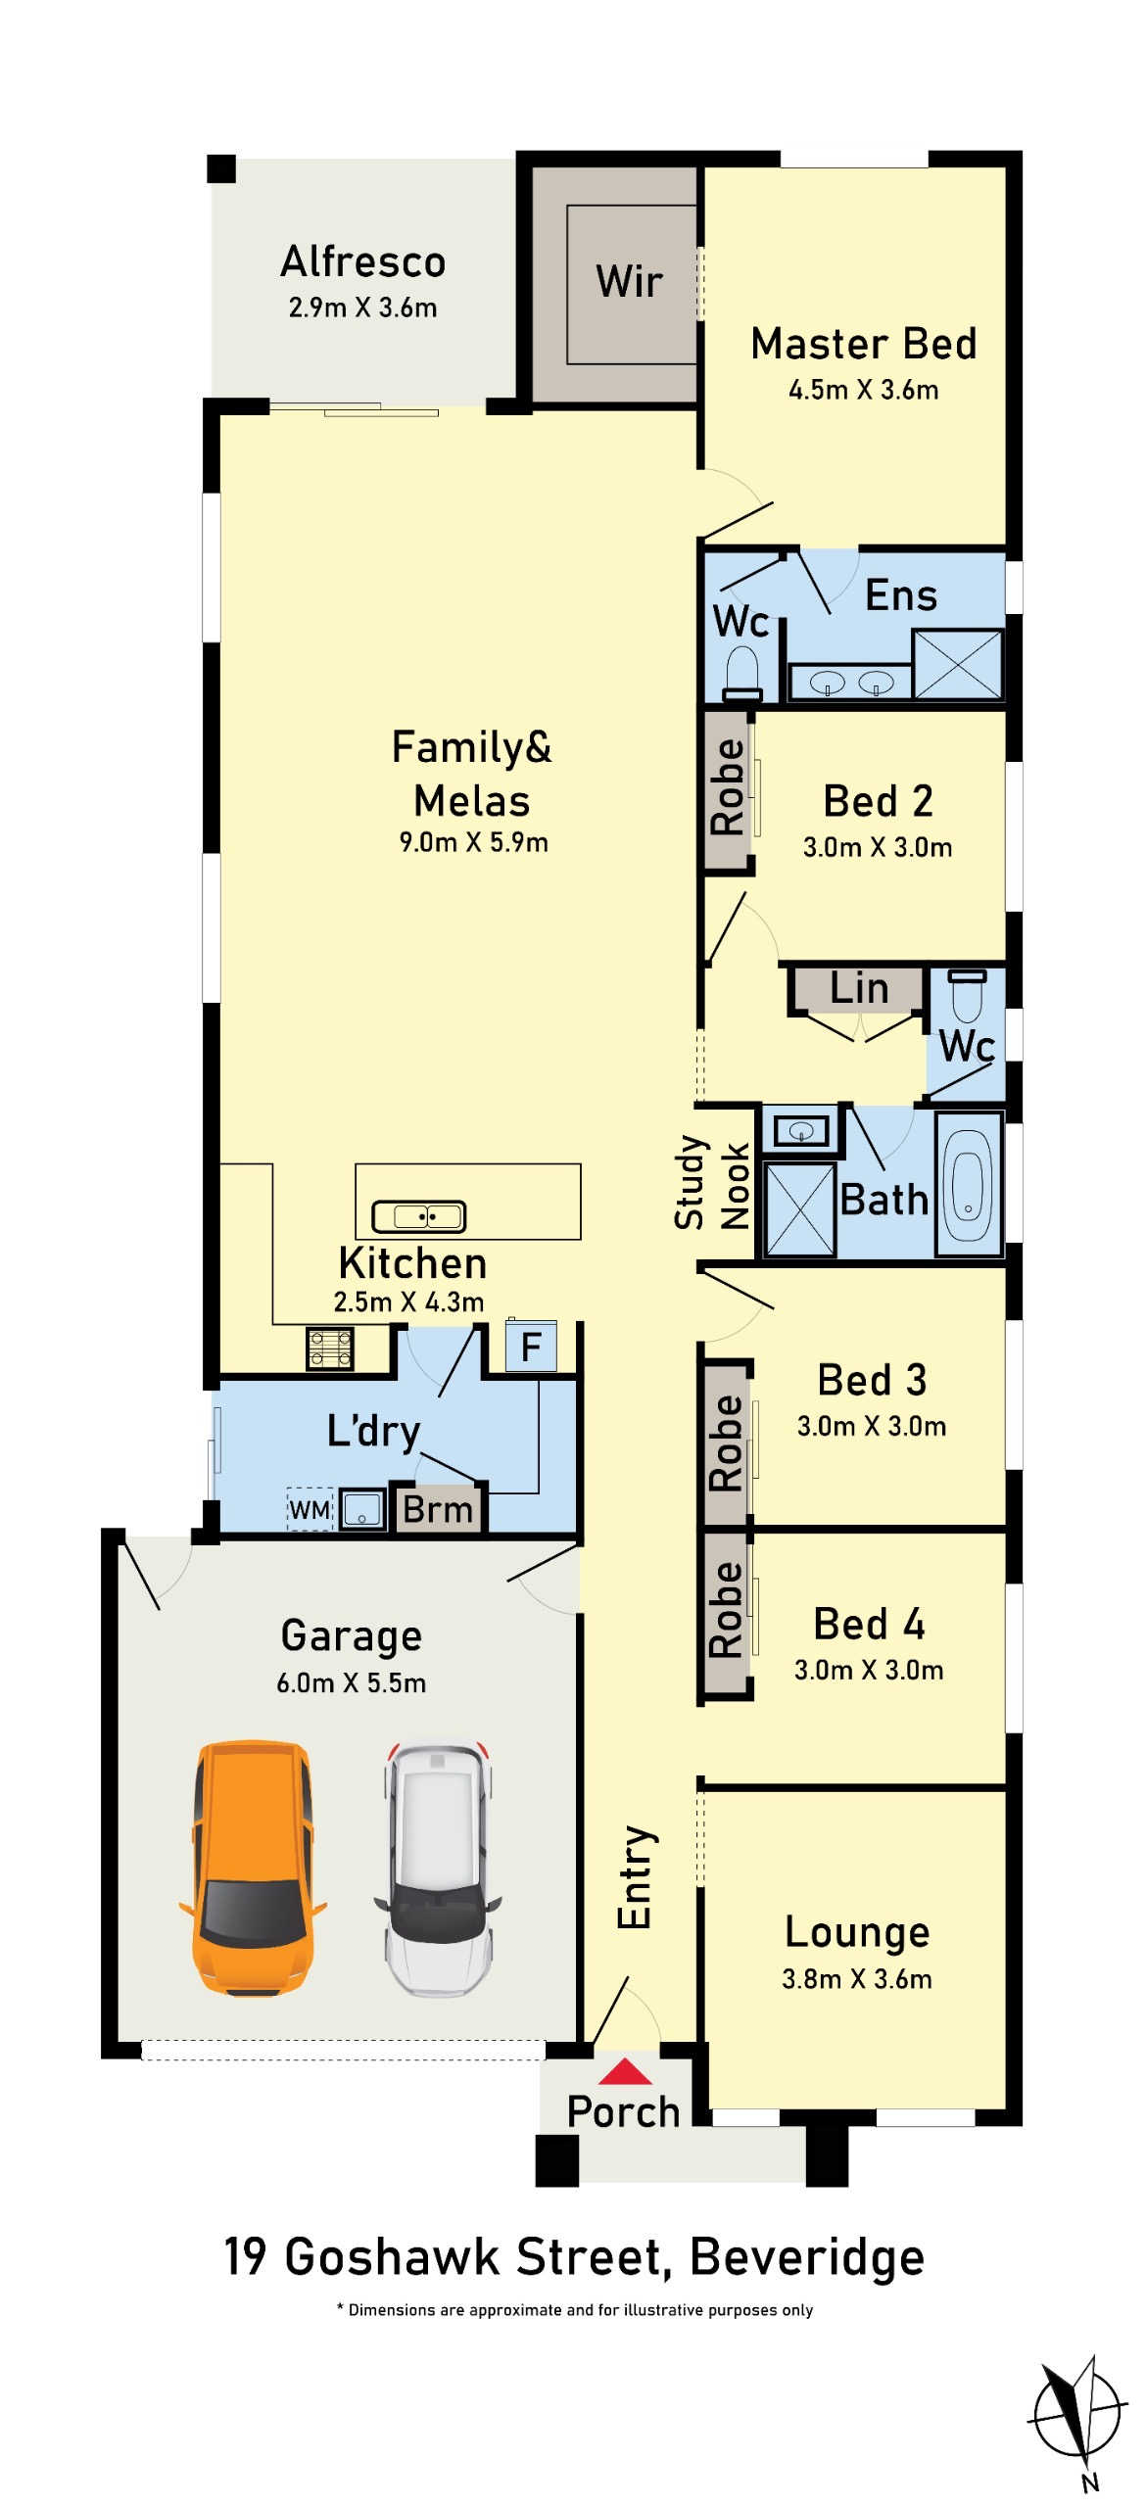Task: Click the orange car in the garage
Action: [x=253, y=1867]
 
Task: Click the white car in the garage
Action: [x=438, y=1867]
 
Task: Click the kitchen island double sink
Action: [x=419, y=1216]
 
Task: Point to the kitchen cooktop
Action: [x=330, y=1348]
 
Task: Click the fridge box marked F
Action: [x=531, y=1347]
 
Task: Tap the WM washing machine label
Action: [x=310, y=1509]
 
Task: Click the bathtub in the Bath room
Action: [x=968, y=1184]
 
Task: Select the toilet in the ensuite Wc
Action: [x=742, y=672]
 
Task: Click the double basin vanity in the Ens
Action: [x=850, y=682]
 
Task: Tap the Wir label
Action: [x=630, y=282]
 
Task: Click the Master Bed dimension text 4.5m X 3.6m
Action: [x=864, y=390]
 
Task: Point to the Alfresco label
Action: [x=363, y=262]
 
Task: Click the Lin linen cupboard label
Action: [x=859, y=988]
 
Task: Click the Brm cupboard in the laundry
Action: [x=438, y=1509]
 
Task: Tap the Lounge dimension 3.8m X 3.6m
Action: [x=857, y=1979]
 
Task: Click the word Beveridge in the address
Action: [x=807, y=2256]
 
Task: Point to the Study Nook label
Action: [x=711, y=1182]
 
